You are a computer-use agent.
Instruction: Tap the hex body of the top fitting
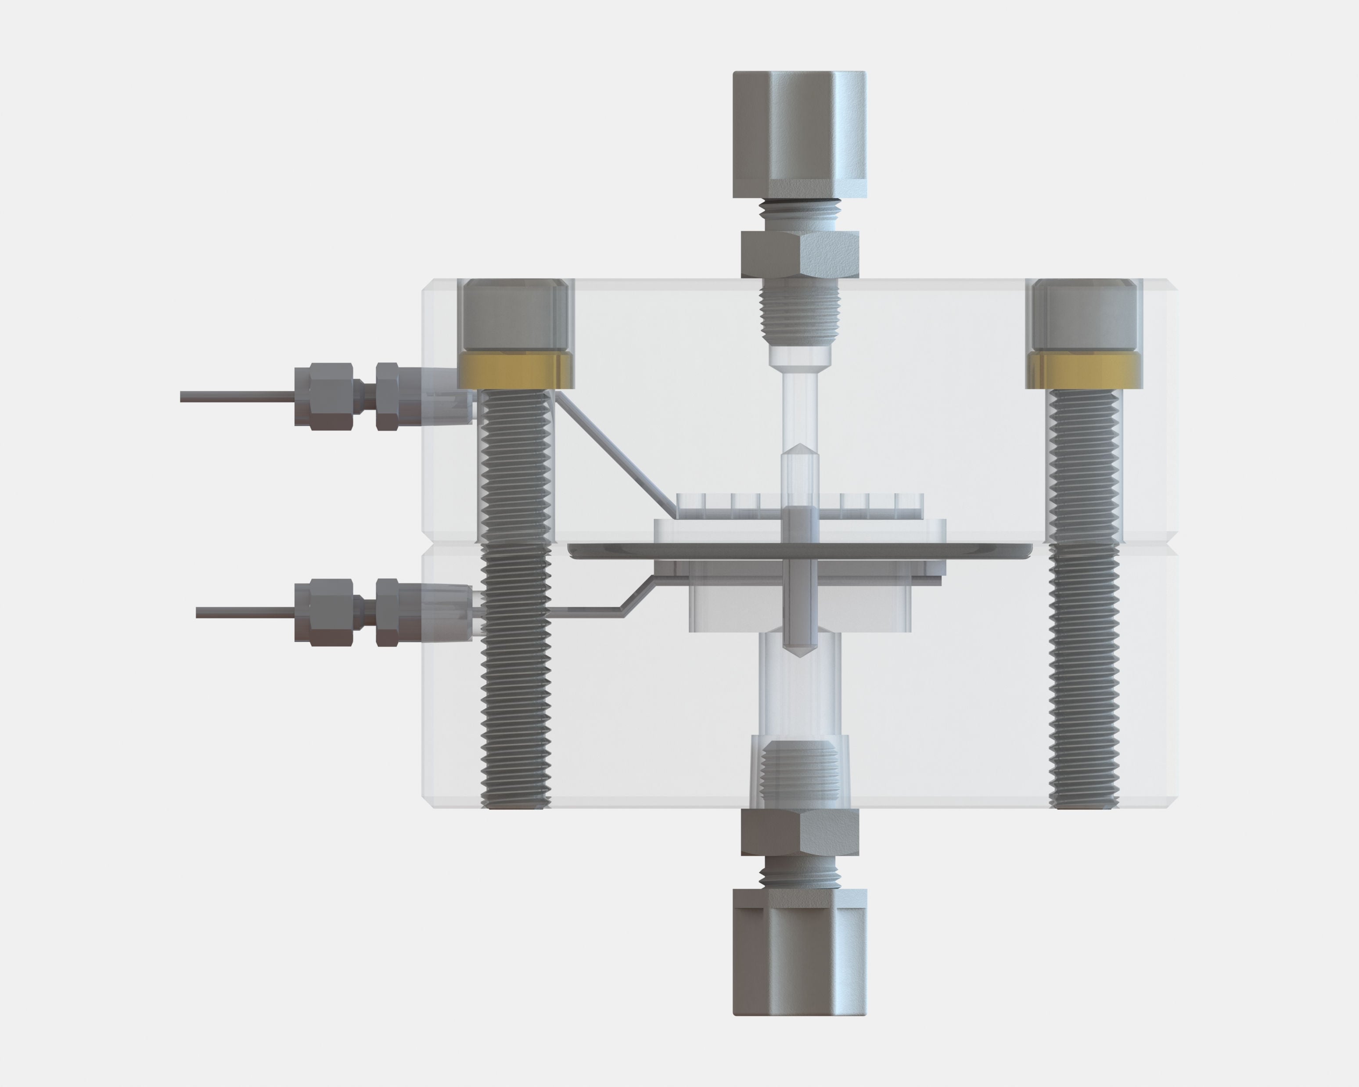[x=799, y=254]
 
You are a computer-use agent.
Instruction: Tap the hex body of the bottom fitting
[x=799, y=832]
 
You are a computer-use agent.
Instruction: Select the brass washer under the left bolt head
[x=516, y=370]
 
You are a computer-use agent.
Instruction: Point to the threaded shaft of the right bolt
[x=1084, y=599]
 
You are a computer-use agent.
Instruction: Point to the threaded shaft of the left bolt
[x=516, y=599]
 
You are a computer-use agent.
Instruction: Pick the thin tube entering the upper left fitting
[x=236, y=396]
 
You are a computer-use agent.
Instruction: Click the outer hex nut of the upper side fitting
[x=321, y=396]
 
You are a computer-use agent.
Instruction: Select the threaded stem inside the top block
[x=799, y=315]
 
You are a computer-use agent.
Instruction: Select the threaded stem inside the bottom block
[x=799, y=772]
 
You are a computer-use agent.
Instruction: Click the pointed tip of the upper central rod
[x=799, y=449]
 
